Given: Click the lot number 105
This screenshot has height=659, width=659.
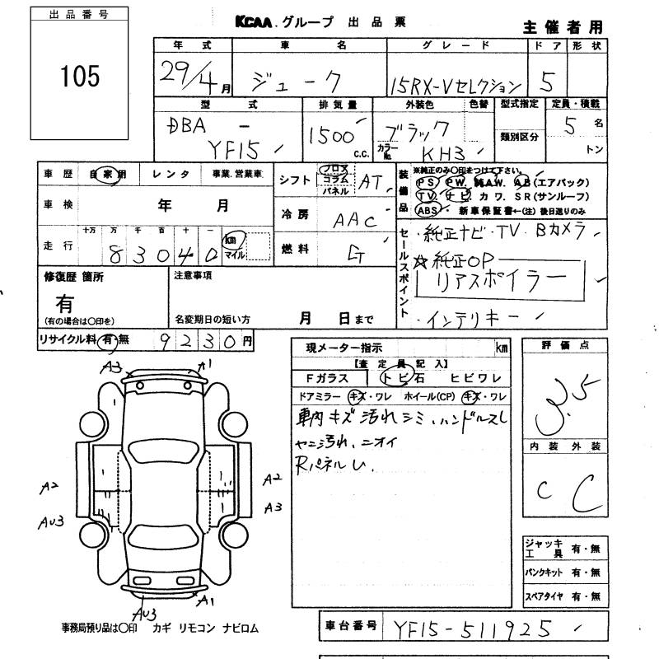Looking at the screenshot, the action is (80, 77).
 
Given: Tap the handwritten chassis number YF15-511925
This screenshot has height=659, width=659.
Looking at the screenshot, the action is (473, 629).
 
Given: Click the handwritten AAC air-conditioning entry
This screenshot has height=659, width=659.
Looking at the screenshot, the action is (354, 220).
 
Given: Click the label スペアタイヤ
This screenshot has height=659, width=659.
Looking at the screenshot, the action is (544, 596).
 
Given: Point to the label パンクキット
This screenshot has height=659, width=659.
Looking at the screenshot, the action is (544, 572).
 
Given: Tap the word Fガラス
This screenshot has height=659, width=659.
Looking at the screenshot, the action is (328, 378).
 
